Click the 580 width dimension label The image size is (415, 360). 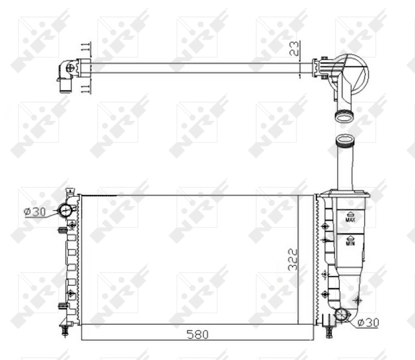point(197,334)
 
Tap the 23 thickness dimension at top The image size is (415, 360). point(294,49)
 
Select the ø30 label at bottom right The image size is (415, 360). point(368,323)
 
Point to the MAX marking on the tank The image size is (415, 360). point(351,220)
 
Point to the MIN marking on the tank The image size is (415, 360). point(351,243)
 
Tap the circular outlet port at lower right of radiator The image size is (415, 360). point(343,314)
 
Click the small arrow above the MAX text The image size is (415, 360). point(351,213)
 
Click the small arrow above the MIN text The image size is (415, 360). point(351,236)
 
